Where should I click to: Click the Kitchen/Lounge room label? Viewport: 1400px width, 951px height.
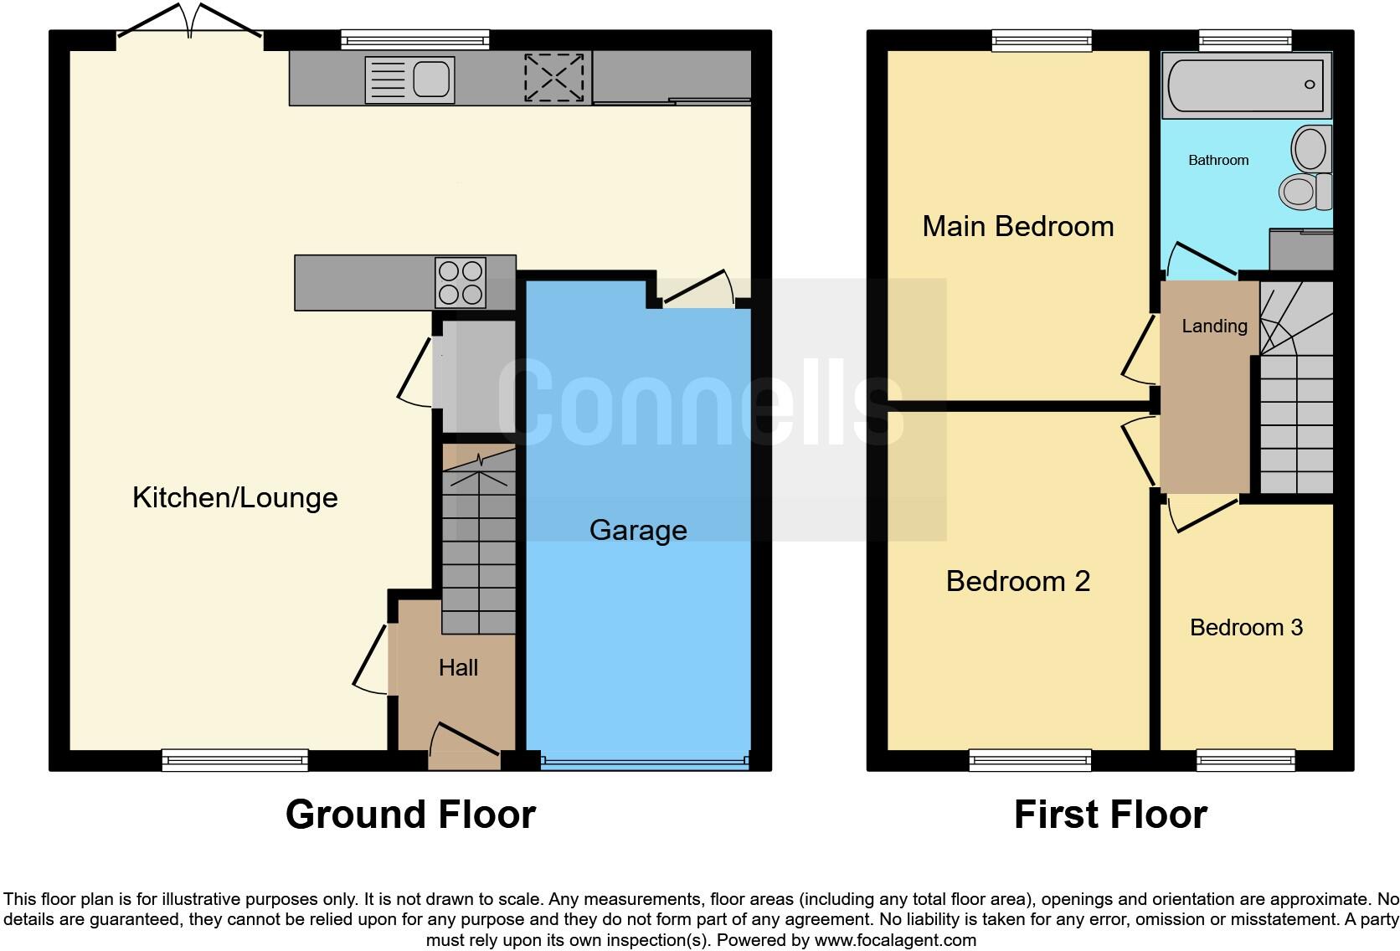(x=235, y=498)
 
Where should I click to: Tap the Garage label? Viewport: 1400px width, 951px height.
(x=638, y=530)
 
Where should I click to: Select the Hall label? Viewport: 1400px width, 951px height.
(x=458, y=667)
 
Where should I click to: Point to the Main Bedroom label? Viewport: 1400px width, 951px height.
(x=1017, y=226)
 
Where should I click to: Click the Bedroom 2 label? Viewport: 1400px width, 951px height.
(x=1017, y=581)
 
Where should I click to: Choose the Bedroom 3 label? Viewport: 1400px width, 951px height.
(x=1246, y=627)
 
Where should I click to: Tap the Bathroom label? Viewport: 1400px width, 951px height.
(x=1218, y=160)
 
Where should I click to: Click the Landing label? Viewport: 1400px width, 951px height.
(x=1214, y=326)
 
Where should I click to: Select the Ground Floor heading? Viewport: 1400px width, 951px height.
(x=410, y=815)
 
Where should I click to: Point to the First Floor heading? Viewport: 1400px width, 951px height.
(x=1110, y=815)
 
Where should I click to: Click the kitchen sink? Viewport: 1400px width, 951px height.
(x=410, y=80)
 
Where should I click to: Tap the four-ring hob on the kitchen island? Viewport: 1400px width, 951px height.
(x=461, y=283)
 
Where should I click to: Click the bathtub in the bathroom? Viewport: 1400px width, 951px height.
(x=1246, y=85)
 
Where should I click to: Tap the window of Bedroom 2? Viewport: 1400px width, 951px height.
(x=1031, y=760)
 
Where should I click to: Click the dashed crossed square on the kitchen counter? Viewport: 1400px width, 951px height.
(x=553, y=78)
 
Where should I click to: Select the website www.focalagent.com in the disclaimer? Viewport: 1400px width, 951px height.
(x=894, y=940)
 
